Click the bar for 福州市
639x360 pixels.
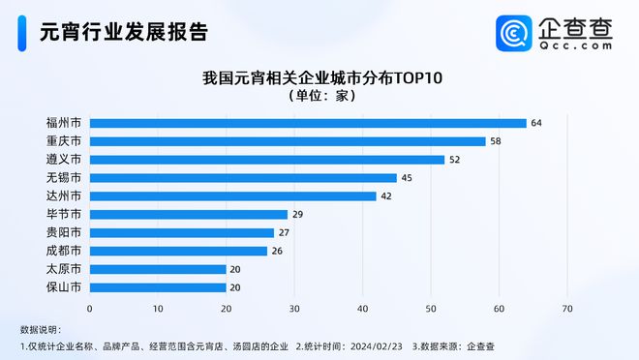(308, 123)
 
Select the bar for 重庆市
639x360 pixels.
(288, 141)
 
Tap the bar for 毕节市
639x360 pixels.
(189, 214)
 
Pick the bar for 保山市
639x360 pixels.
(158, 287)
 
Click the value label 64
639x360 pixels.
(535, 123)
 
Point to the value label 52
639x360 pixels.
(453, 160)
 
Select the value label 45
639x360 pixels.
(406, 178)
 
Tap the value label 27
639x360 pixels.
(283, 232)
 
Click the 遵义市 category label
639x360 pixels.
(64, 160)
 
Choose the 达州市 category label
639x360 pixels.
(64, 195)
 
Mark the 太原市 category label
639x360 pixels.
(64, 269)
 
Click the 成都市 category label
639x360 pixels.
(64, 251)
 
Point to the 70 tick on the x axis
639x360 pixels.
(567, 309)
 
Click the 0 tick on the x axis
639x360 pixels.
(90, 309)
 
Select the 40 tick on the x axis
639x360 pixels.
(363, 309)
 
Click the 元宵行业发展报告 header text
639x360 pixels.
(123, 32)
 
